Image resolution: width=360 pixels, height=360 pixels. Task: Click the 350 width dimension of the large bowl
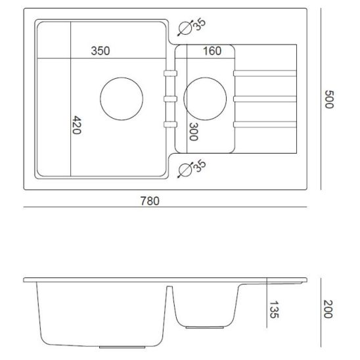(101, 51)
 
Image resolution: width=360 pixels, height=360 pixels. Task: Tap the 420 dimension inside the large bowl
(76, 125)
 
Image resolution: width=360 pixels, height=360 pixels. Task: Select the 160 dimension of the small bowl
(212, 51)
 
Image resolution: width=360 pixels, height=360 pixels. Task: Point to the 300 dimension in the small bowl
(193, 132)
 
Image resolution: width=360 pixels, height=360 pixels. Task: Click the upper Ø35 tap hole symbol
(186, 27)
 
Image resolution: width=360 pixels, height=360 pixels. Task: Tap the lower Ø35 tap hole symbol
(186, 169)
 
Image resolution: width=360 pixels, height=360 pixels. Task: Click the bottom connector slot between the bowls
(169, 123)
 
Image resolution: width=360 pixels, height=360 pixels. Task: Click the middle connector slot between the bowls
(169, 99)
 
